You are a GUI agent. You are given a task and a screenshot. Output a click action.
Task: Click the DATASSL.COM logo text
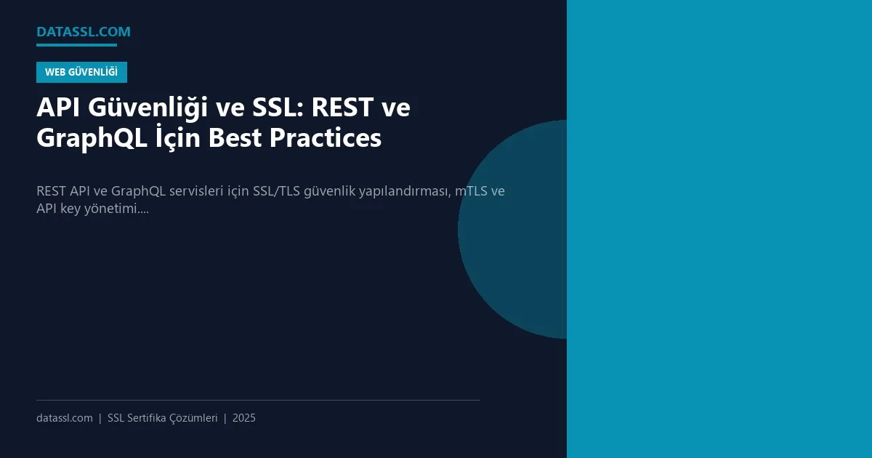(x=84, y=32)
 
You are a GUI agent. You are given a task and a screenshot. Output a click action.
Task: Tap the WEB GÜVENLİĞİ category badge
(x=81, y=72)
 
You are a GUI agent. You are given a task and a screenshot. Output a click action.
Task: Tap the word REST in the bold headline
(x=344, y=108)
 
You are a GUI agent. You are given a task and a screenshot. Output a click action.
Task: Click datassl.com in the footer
(x=65, y=418)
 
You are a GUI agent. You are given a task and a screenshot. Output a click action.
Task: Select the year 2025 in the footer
(x=244, y=418)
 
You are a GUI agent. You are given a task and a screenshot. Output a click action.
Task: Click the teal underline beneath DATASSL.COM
(x=76, y=45)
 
